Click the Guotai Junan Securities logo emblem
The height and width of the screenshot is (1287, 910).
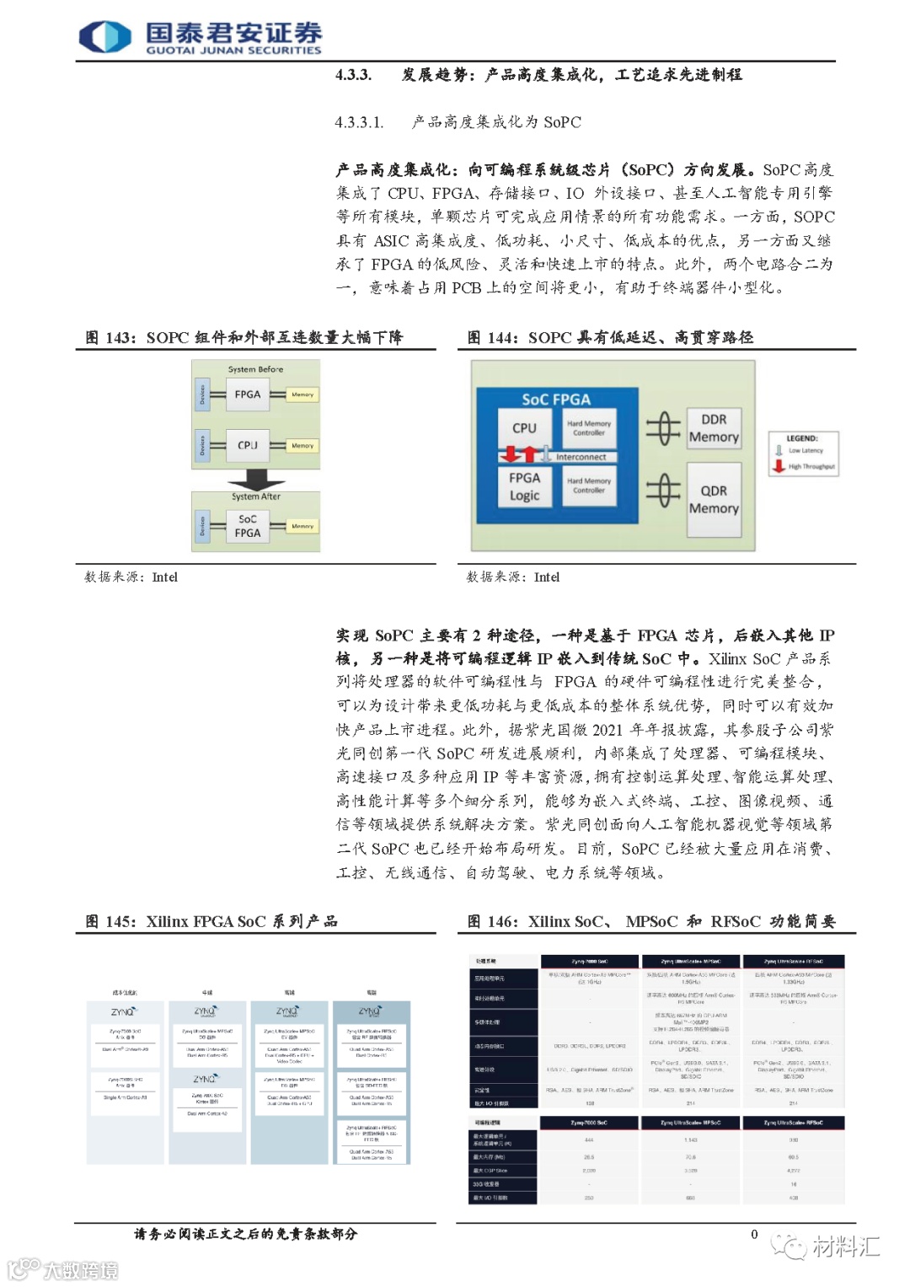tap(105, 37)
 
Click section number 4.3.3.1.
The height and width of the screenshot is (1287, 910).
tap(359, 122)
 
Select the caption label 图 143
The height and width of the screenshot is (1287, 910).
tap(110, 338)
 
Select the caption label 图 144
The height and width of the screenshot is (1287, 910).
tap(492, 338)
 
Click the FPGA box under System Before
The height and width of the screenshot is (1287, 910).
tap(248, 394)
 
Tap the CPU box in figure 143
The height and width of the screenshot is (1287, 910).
tap(248, 445)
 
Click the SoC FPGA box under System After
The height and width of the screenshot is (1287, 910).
tap(248, 526)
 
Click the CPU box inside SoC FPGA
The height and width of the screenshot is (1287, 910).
tap(524, 428)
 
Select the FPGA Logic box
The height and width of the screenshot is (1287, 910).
tap(524, 486)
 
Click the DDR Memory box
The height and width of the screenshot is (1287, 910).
tap(714, 428)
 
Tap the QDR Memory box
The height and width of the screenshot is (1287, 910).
tap(714, 499)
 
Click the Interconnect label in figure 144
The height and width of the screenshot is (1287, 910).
tap(581, 457)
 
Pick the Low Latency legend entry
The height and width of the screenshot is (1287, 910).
tap(805, 451)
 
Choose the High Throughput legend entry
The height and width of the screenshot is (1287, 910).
tap(811, 466)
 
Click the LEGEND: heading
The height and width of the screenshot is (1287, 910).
tap(802, 438)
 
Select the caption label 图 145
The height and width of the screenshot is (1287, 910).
tap(110, 922)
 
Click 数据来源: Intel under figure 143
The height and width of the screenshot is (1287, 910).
tap(131, 577)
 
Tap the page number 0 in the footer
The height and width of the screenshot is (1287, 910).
tap(754, 1235)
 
